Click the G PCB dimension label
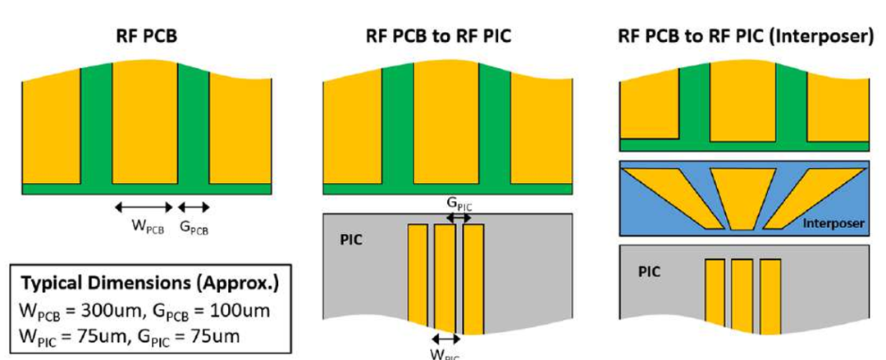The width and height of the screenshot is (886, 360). [194, 229]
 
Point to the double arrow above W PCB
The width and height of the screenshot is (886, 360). [144, 207]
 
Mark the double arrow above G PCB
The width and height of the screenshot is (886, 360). [194, 207]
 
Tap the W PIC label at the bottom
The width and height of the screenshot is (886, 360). [445, 353]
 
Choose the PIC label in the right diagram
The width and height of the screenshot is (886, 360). [650, 271]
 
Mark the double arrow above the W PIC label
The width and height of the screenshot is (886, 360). [445, 338]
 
